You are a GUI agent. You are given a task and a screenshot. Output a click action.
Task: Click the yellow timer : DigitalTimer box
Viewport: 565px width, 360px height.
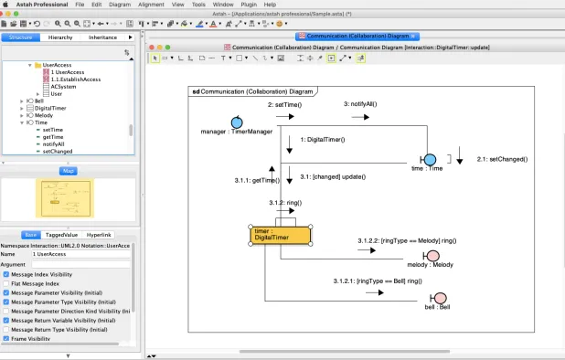[280, 236]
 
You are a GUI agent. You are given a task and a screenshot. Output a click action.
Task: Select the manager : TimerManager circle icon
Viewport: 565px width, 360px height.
[237, 122]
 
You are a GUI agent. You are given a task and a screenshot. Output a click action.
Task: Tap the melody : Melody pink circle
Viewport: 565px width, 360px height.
[432, 255]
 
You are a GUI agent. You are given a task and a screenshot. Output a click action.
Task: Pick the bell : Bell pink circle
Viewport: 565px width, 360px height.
[440, 298]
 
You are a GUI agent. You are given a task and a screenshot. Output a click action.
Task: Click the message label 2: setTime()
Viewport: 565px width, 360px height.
[284, 105]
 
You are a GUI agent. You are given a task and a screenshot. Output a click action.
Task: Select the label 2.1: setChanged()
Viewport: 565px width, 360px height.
[502, 159]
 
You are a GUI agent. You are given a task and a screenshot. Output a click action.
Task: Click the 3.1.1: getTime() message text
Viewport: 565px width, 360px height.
[257, 181]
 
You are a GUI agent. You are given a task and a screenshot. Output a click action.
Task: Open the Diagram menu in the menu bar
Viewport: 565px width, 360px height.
[120, 5]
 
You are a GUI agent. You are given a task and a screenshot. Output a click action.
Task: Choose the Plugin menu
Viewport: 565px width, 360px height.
[249, 5]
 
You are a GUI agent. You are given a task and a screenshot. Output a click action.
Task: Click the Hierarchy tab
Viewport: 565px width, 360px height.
[60, 37]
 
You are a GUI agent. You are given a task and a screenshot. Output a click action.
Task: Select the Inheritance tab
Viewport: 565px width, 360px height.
[103, 37]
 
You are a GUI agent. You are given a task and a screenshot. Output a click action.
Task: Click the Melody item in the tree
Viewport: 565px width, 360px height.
[44, 114]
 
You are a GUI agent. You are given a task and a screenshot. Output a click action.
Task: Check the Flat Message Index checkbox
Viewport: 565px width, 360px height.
[6, 284]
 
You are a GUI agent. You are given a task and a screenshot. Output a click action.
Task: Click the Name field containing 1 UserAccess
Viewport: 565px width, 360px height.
[82, 254]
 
